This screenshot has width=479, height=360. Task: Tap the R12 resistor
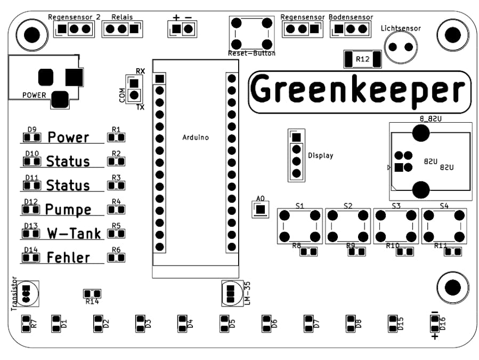pyautogui.click(x=362, y=59)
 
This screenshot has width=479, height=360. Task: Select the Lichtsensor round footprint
pyautogui.click(x=401, y=46)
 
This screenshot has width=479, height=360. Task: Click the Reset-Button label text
pyautogui.click(x=251, y=53)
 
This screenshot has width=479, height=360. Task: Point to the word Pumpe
pyautogui.click(x=68, y=209)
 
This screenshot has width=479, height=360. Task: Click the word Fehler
pyautogui.click(x=68, y=258)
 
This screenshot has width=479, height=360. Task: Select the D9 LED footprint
pyautogui.click(x=32, y=138)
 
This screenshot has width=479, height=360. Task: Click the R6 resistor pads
pyautogui.click(x=116, y=258)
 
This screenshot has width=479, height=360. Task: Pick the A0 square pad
pyautogui.click(x=260, y=209)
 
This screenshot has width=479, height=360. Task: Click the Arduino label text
pyautogui.click(x=196, y=138)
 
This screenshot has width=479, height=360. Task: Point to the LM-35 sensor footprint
pyautogui.click(x=231, y=293)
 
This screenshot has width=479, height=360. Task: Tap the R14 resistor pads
pyautogui.click(x=92, y=293)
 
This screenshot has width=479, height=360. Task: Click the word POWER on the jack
pyautogui.click(x=34, y=95)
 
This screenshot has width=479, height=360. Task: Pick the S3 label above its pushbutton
pyautogui.click(x=395, y=205)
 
